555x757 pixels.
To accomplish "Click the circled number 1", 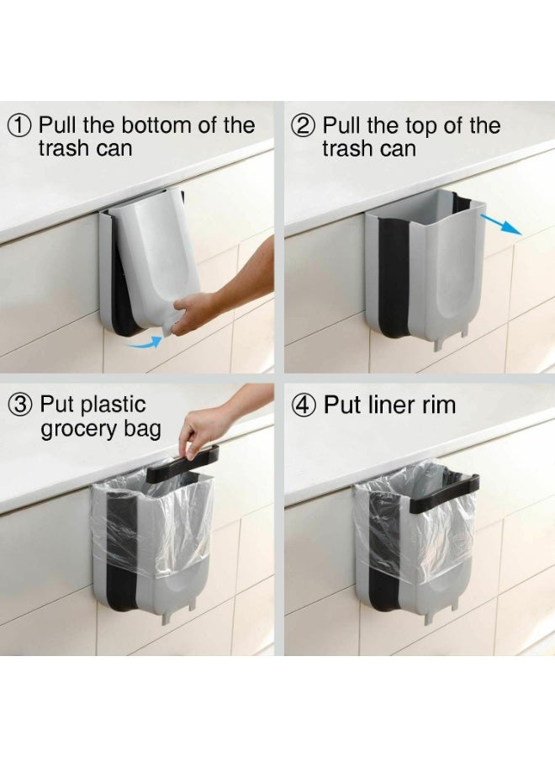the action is coord(20,126).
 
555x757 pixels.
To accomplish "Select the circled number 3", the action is coord(21,405).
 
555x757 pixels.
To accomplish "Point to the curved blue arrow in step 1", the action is coord(142,342).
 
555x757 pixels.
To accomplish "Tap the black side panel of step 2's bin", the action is coord(394,277).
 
